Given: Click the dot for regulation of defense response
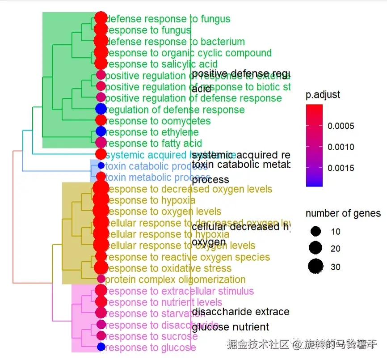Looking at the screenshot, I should (101, 109).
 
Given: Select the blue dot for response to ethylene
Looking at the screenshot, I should (101, 131).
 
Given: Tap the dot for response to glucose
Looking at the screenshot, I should (101, 347).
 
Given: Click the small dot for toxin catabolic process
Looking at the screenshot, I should (101, 165).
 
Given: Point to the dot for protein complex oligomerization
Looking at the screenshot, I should (101, 279).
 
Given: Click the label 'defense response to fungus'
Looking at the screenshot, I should (168, 19).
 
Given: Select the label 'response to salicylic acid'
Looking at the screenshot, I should (162, 64).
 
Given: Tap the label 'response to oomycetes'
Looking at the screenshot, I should (158, 121).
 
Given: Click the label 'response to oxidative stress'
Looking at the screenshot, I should (169, 268).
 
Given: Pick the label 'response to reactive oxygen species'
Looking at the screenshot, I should (188, 257).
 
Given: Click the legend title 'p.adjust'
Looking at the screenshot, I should (323, 95).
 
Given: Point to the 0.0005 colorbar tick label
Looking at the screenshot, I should (341, 126).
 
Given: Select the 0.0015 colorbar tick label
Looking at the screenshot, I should (341, 168).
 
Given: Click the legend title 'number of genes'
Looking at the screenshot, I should (343, 213).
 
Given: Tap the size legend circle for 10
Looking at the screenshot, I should (316, 231).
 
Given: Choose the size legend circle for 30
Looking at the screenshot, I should (316, 267).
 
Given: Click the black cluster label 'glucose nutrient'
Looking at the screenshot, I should (231, 327).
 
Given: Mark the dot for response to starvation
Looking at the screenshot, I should (101, 313).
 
